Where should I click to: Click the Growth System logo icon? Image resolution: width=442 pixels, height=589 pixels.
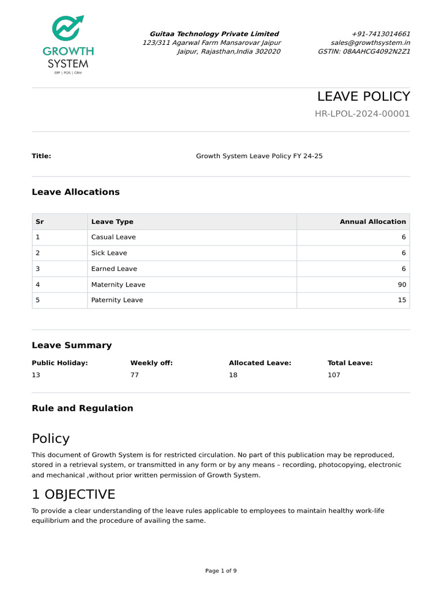point(68,30)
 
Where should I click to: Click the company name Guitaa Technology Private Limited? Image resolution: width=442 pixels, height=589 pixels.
point(214,34)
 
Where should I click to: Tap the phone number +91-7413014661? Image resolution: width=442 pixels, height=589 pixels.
point(380,34)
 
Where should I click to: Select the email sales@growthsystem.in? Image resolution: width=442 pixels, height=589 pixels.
point(370,43)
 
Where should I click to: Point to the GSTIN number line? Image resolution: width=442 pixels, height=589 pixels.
point(364,51)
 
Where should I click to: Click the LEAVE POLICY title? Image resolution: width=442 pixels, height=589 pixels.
point(363,96)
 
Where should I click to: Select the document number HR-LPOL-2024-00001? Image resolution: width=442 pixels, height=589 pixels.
point(362,113)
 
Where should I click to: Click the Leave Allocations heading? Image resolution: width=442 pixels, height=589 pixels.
point(75,192)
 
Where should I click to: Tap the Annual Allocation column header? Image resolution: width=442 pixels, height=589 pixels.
point(372,221)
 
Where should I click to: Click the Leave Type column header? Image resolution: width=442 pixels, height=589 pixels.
point(112,221)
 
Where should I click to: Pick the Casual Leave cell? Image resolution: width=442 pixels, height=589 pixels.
point(113,237)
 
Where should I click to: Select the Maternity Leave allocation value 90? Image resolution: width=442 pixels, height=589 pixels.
point(401,285)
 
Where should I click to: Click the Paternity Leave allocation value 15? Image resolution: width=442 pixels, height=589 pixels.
point(401,300)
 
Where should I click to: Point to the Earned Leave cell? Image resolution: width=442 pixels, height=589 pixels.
point(114,269)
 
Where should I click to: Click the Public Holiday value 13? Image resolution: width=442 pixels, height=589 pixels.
point(36,375)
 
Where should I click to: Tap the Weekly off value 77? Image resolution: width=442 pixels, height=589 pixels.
point(135,375)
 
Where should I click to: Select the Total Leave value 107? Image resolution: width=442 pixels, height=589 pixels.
point(334,375)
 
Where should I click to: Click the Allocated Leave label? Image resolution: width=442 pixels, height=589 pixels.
point(260,363)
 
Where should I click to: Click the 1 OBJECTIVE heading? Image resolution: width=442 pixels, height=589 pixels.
point(73,495)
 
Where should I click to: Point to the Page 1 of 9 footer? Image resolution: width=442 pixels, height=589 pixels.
point(221,571)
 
